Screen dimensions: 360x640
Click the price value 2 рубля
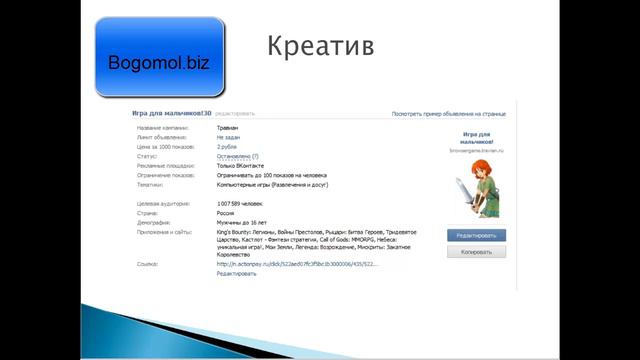(227, 147)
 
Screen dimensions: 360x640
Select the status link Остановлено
(234, 157)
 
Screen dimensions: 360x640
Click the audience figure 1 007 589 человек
(240, 203)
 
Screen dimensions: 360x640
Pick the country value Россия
(226, 213)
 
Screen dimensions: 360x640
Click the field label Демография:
(156, 222)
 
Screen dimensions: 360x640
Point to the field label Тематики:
(152, 185)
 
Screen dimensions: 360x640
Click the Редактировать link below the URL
(236, 273)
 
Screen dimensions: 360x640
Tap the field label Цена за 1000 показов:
(166, 147)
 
